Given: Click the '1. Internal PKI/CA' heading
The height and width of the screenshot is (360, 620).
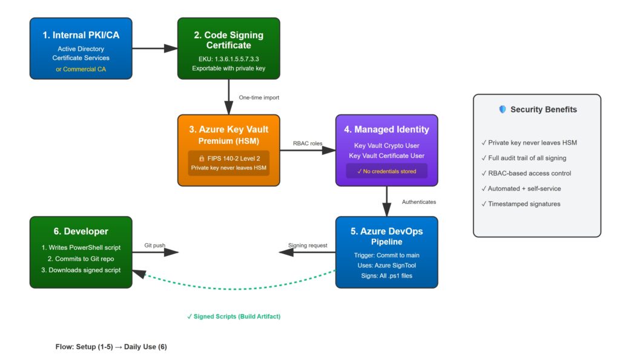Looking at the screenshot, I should [x=81, y=35].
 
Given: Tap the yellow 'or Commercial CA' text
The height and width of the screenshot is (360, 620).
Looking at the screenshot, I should [x=81, y=68].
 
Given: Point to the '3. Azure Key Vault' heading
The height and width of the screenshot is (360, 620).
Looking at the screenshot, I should [x=228, y=129].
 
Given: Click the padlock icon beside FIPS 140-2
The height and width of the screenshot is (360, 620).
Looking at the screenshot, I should [x=202, y=158].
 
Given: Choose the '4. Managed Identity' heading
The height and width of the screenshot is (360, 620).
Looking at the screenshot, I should [x=386, y=129].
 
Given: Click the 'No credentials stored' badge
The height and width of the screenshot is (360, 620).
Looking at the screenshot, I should [x=386, y=171].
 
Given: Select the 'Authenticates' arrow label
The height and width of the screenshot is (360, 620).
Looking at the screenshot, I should [x=418, y=201].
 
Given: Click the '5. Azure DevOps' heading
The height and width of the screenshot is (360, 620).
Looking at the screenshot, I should [x=386, y=231].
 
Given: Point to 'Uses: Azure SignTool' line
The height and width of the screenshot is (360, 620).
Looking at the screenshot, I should [x=386, y=265].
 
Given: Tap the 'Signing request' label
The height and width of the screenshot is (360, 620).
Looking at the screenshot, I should [x=308, y=245].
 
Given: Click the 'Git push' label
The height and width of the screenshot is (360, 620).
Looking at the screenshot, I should [x=154, y=245].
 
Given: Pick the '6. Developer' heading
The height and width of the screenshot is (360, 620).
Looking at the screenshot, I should [x=81, y=231].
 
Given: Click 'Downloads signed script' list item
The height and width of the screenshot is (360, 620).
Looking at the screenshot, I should [x=81, y=270].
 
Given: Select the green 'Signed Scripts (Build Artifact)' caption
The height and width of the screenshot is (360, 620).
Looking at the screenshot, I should [x=234, y=316].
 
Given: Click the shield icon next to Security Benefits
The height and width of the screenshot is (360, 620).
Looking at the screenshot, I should [x=502, y=110].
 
